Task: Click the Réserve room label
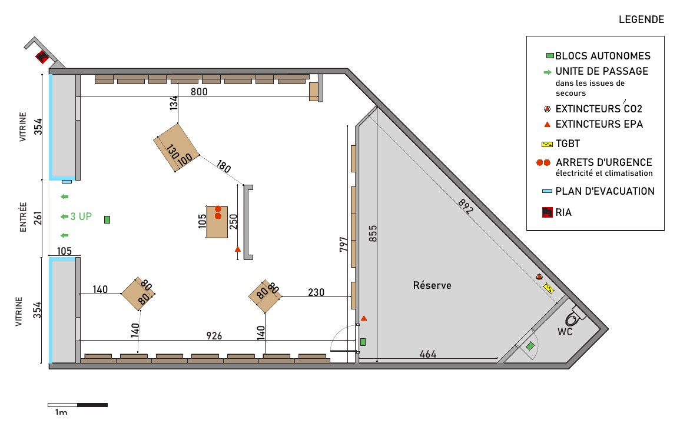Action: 432,285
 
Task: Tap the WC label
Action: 565,332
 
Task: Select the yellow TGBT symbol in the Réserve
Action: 549,288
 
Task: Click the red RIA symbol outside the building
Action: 42,56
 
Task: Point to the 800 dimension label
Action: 199,91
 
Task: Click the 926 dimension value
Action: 214,335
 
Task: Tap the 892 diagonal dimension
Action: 465,206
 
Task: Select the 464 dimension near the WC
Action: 427,354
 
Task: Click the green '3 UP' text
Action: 81,216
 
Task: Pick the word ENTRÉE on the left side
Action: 24,217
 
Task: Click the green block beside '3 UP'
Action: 107,220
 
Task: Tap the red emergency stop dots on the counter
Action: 218,212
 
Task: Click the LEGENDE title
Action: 641,19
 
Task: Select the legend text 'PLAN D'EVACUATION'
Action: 605,191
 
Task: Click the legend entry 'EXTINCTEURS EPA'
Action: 599,124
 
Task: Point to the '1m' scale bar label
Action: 61,412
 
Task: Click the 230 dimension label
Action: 316,292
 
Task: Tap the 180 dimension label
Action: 223,166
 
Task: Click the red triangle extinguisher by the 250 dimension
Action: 238,249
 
